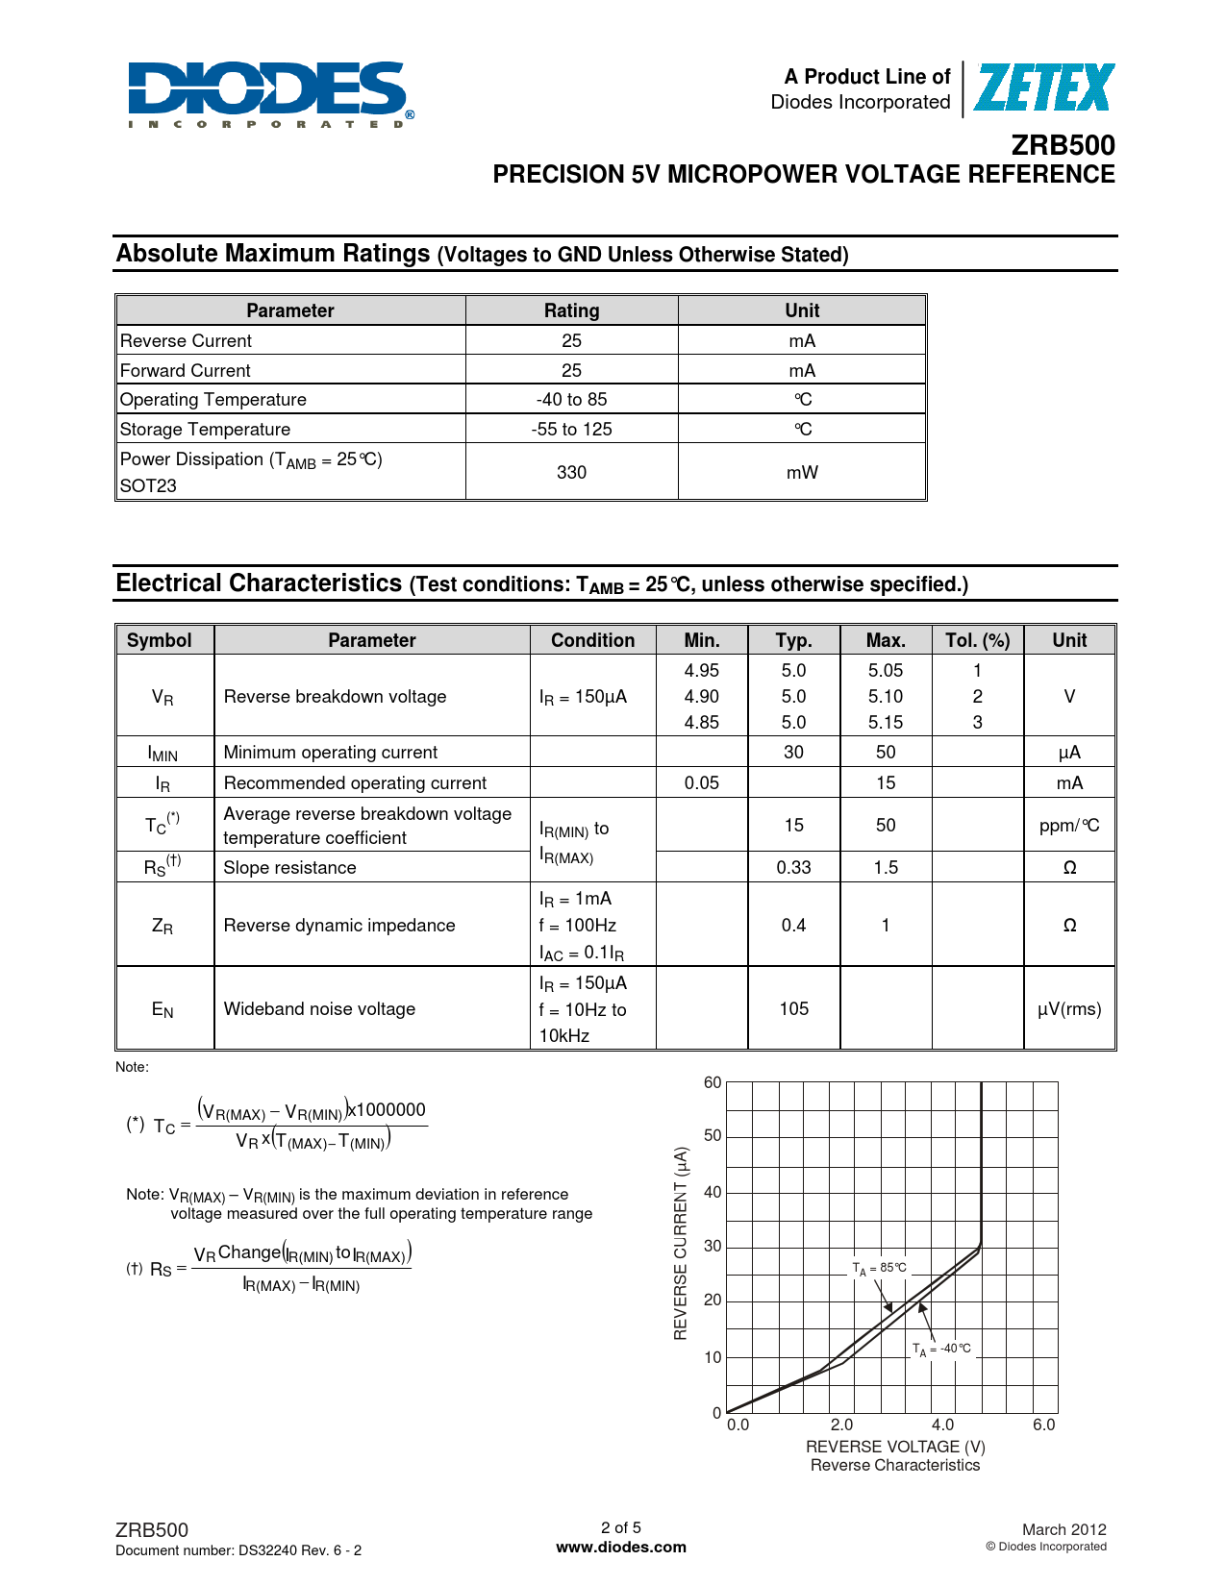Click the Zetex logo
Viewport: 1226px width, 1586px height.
pos(1043,88)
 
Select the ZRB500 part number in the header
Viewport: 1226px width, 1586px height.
pos(1063,145)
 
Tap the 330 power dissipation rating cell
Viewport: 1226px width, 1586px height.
pos(571,472)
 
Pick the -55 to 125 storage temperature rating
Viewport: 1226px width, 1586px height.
pos(571,429)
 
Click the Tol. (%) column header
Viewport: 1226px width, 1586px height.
pos(977,640)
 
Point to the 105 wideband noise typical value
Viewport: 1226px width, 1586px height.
pos(793,1008)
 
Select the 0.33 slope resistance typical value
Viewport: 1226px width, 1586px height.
pos(793,867)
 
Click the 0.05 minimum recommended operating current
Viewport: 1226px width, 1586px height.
pos(701,782)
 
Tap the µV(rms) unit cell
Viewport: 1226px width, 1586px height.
pos(1069,1008)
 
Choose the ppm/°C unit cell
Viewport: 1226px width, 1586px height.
pos(1069,825)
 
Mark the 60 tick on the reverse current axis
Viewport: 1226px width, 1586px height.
pos(713,1082)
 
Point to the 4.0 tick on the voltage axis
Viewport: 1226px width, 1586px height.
pos(942,1425)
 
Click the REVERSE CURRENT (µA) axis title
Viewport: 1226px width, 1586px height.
pos(681,1243)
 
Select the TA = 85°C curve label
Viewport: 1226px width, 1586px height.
pos(879,1268)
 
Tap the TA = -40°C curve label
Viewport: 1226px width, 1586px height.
pos(941,1349)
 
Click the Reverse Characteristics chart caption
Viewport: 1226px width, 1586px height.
pos(894,1465)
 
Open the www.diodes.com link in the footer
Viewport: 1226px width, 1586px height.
pos(621,1547)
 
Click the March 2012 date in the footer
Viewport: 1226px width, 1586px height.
pos(1063,1529)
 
